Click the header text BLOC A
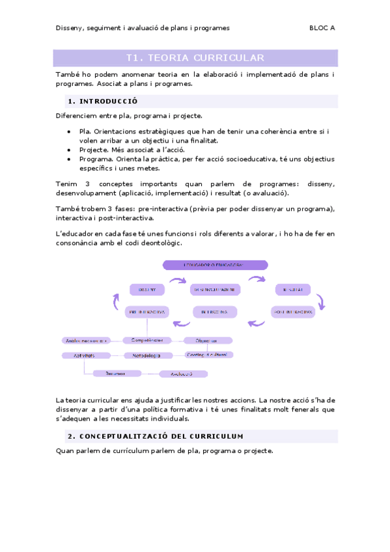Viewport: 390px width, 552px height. coord(322,28)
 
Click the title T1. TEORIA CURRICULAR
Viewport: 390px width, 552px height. coord(195,58)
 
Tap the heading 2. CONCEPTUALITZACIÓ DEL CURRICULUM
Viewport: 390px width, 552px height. coord(155,436)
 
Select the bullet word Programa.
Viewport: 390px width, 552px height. coord(96,158)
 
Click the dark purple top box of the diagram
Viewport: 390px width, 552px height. coord(215,265)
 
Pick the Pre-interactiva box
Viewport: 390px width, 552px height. coord(146,312)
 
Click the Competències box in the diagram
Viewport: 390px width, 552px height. coord(147,340)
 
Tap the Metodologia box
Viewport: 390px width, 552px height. coord(146,355)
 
